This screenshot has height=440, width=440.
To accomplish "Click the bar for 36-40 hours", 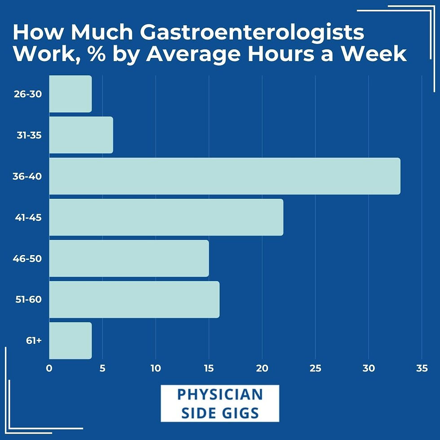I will (224, 176).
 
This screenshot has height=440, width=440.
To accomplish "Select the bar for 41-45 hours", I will (166, 217).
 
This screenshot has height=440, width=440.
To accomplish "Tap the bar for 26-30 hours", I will (70, 94).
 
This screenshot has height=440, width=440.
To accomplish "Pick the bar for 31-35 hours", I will (81, 135).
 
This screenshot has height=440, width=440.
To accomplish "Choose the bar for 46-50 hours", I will (129, 259).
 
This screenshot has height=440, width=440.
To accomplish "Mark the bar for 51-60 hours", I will (134, 299).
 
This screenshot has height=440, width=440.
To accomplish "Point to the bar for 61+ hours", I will (70, 341).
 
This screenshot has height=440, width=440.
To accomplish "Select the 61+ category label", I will (34, 341).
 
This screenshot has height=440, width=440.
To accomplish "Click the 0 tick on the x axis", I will (49, 369).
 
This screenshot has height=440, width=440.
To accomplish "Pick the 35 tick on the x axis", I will (422, 369).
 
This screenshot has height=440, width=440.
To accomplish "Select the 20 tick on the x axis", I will (262, 369).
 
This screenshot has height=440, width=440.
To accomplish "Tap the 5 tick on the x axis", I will (102, 369).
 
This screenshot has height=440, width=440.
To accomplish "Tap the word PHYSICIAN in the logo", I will (220, 395).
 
